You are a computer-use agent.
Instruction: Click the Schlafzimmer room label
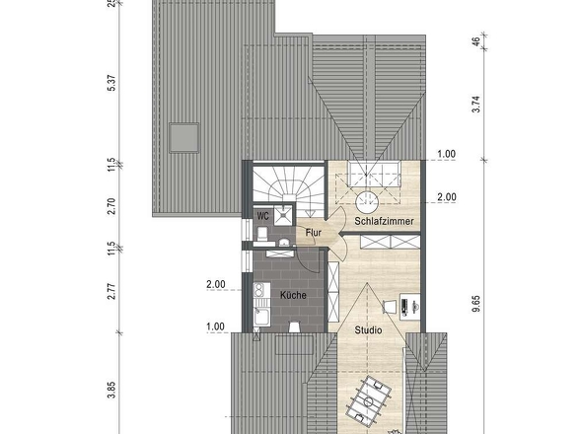tap(384, 221)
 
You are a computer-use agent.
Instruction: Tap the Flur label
tap(314, 233)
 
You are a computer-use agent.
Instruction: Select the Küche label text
tap(293, 295)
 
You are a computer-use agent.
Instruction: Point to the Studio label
tap(368, 330)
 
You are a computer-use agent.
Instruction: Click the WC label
tap(262, 216)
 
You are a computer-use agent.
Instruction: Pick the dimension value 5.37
tap(111, 83)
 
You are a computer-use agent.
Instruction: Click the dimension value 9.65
tap(476, 304)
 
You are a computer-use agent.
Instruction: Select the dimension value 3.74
tap(476, 104)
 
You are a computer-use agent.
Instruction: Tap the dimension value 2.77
tap(111, 291)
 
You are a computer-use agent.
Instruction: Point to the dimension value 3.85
tap(111, 391)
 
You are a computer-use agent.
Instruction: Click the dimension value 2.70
tap(111, 206)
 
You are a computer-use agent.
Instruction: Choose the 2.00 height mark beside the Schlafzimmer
tap(447, 196)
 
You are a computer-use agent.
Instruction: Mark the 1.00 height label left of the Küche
tap(216, 326)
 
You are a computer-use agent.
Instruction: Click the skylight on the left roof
tap(184, 138)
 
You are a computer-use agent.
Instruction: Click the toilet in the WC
tap(262, 234)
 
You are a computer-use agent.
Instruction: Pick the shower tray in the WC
tap(283, 215)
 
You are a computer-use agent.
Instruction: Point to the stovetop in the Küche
tap(258, 290)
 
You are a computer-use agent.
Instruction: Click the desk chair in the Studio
tap(389, 307)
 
